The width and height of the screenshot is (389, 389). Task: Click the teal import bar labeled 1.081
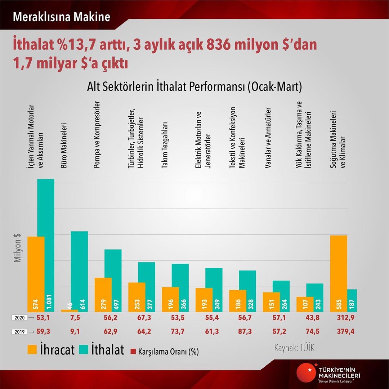[x=46, y=245]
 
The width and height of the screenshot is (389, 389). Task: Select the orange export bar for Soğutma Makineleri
[x=339, y=274]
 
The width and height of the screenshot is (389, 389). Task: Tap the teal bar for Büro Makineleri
[x=79, y=271]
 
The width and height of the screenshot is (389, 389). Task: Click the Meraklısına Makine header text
[x=61, y=17]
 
